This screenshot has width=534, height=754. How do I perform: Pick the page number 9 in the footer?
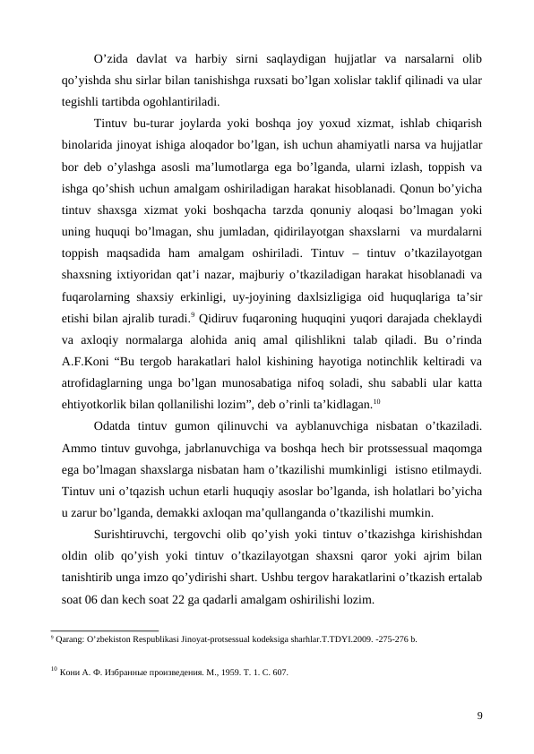click(x=479, y=715)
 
